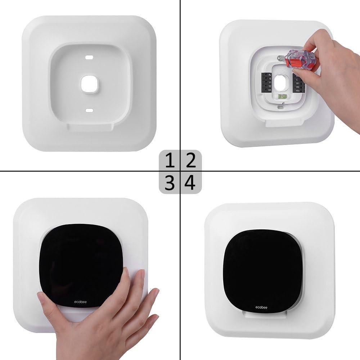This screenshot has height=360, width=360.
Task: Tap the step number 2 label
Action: (x=190, y=161)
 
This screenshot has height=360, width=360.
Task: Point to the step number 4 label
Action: (x=190, y=183)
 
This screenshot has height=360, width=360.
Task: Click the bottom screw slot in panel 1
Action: (x=90, y=110)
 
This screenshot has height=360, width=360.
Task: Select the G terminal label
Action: (x=270, y=78)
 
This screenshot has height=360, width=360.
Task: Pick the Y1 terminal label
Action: (x=270, y=82)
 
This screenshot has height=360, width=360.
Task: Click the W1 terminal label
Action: (x=297, y=82)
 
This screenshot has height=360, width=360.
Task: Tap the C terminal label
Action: (x=297, y=78)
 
